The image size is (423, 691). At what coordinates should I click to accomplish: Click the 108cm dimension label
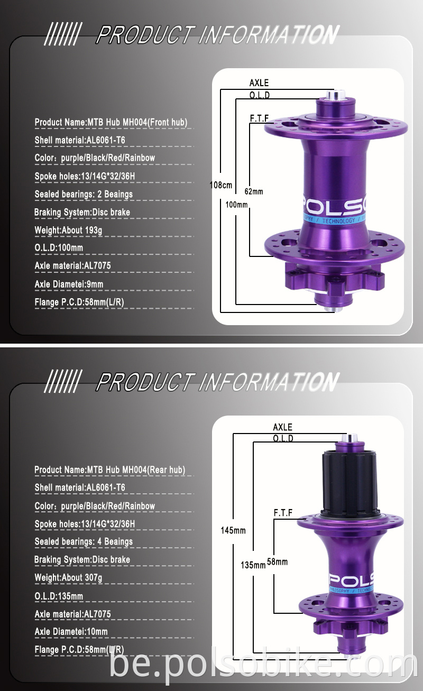[221, 186]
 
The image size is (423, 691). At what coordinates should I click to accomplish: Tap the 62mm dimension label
[254, 191]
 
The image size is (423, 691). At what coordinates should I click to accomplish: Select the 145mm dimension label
[233, 530]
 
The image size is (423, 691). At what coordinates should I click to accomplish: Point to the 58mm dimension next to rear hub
[278, 562]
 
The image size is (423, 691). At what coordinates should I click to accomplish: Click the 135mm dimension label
[253, 565]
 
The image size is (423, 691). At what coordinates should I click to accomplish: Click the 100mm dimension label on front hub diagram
[236, 204]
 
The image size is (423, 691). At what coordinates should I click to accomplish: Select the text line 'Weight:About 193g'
[68, 230]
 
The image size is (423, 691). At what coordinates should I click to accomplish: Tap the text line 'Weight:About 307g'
[68, 577]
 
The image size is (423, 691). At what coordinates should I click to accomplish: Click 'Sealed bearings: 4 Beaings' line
[84, 541]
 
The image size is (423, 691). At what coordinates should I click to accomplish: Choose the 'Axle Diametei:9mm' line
[69, 284]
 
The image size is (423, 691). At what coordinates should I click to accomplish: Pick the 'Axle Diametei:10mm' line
[71, 632]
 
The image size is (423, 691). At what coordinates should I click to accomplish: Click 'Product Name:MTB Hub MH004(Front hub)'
[111, 122]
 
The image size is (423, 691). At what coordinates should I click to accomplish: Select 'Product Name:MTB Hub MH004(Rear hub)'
[109, 469]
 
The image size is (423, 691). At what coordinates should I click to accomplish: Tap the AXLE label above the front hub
[259, 82]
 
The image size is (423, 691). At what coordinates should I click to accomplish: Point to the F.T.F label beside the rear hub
[283, 513]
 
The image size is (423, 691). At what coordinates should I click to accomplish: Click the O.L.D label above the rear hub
[283, 439]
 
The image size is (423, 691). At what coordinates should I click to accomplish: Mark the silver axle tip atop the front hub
[335, 96]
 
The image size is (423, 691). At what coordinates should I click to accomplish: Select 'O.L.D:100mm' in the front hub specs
[59, 247]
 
